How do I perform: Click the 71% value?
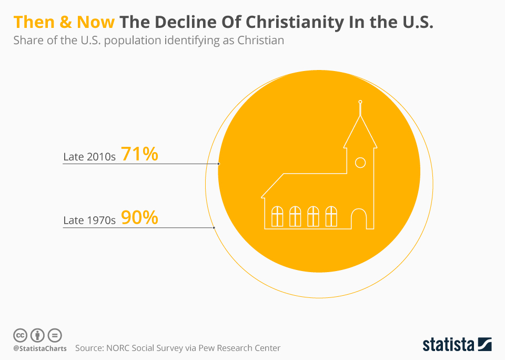pyautogui.click(x=139, y=154)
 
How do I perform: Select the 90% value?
pyautogui.click(x=139, y=217)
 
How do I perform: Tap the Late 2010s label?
pyautogui.click(x=89, y=156)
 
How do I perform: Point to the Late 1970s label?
pyautogui.click(x=89, y=220)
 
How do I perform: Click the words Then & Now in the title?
pyautogui.click(x=64, y=23)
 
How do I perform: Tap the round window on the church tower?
pyautogui.click(x=360, y=163)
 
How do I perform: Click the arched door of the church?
pyautogui.click(x=359, y=218)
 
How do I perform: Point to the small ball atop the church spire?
pyautogui.click(x=360, y=102)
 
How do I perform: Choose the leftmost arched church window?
pyautogui.click(x=277, y=216)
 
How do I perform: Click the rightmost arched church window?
pyautogui.click(x=331, y=216)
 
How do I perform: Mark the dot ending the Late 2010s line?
pyautogui.click(x=218, y=164)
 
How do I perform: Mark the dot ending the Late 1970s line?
pyautogui.click(x=214, y=227)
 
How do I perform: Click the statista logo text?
pyautogui.click(x=448, y=345)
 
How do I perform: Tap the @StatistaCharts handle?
pyautogui.click(x=40, y=348)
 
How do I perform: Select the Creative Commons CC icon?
pyautogui.click(x=20, y=335)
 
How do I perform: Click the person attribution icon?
pyautogui.click(x=37, y=335)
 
